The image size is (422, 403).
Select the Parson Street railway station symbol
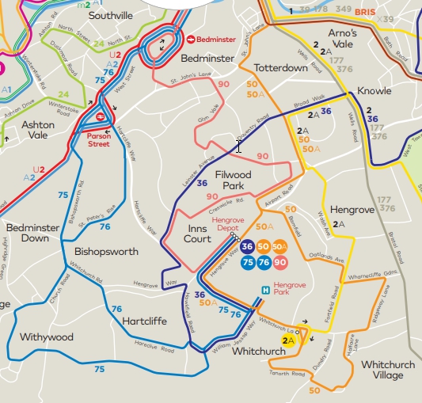pos(101,117)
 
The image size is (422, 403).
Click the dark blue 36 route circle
pos(247,248)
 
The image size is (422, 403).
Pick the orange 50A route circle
pos(279,248)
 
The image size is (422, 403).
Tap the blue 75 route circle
pos(247,262)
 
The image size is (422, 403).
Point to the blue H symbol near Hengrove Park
pos(264,290)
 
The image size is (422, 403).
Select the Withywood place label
pos(47,337)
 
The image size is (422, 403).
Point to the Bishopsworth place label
pos(106,252)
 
